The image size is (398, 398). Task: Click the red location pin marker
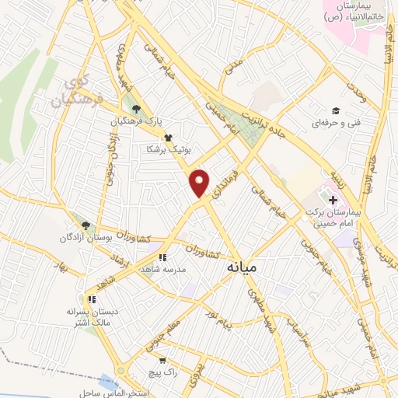point(200,182)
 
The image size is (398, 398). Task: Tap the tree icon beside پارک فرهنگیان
point(137,110)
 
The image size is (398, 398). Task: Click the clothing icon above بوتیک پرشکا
point(167,137)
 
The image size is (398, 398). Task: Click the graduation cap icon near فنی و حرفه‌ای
point(336,110)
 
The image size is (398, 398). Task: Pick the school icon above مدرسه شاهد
point(162,257)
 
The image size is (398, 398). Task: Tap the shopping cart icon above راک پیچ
point(161,360)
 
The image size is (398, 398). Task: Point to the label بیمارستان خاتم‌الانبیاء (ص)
point(355,11)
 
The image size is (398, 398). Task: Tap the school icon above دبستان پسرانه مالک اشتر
point(92,298)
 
